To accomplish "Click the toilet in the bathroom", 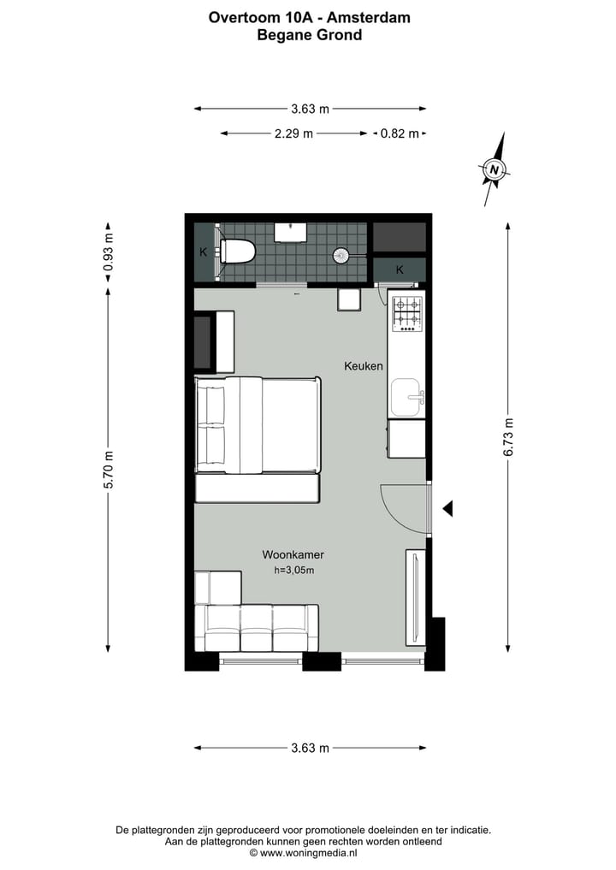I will [238, 252].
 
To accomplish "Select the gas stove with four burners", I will [406, 313].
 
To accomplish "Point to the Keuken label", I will [364, 365].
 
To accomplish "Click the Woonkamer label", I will [293, 554].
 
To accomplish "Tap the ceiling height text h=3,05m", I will [293, 571].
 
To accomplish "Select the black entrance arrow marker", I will [447, 509].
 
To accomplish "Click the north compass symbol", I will [495, 169].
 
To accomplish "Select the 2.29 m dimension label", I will [293, 133].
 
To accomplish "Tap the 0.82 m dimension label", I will [400, 133].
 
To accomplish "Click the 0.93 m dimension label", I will [108, 252].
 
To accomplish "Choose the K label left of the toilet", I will [204, 252].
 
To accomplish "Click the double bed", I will [258, 425].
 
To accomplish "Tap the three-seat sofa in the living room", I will [257, 628].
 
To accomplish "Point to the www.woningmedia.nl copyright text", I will [303, 853].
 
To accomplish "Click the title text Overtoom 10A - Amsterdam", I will [309, 16].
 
